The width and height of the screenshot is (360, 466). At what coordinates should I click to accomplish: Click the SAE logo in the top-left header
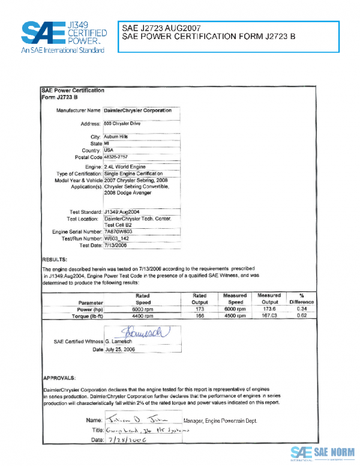click(63, 37)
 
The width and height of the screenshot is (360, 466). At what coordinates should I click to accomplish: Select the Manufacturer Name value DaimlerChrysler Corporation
click(137, 110)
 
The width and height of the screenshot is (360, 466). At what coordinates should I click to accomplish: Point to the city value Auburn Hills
click(116, 137)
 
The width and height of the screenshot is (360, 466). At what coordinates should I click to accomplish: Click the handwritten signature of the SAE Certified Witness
click(142, 331)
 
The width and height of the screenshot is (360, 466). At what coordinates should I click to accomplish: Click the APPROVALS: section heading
click(59, 378)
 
